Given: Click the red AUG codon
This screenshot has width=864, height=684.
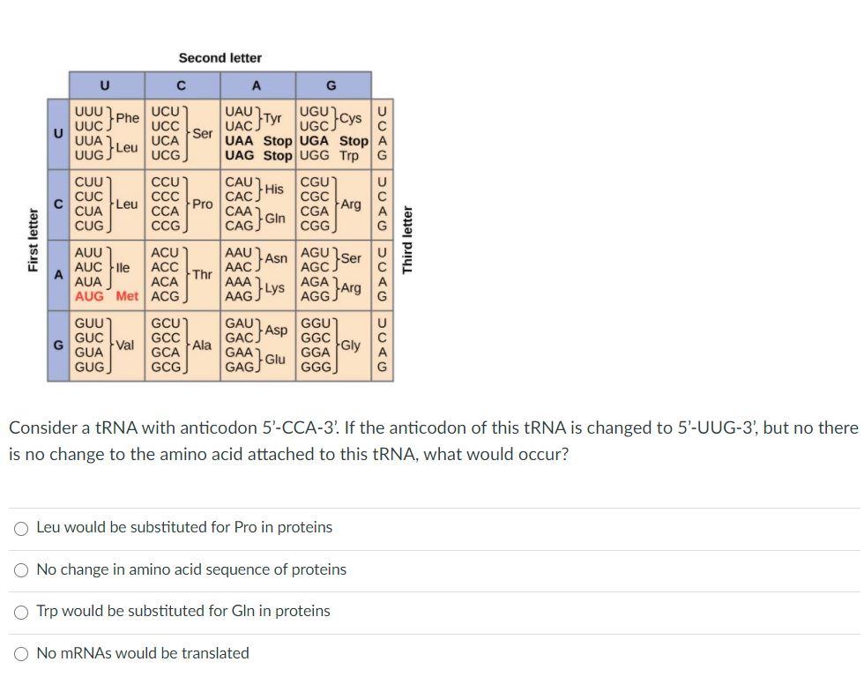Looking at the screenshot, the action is pos(90,296).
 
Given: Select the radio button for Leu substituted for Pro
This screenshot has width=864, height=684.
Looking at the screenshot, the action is pos(21,528).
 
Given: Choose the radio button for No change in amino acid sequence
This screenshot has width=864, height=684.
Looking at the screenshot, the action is pos(21,570).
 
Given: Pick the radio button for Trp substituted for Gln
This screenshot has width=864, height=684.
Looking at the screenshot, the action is pos(21,612).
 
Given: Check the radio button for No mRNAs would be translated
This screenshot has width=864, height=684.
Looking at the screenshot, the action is pos(21,654).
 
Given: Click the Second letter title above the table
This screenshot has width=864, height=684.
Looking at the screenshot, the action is pos(220,58).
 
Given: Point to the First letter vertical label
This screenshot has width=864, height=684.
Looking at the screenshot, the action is pos(34,240).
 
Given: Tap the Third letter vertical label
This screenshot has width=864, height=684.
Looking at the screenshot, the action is pos(407,240).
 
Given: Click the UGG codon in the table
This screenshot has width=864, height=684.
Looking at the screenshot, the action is pos(315,155).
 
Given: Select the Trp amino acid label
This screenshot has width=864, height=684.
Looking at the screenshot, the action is pos(349,155).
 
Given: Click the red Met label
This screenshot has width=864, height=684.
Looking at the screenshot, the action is pos(127,296).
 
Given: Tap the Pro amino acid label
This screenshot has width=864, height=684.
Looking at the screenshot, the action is pos(203,204).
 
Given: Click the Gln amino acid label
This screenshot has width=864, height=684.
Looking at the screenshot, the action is pos(275,218).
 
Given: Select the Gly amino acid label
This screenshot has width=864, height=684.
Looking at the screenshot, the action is pos(350,345).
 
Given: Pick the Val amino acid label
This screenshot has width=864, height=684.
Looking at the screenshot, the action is pos(124,345).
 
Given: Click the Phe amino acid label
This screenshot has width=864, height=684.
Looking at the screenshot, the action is pos(127,118).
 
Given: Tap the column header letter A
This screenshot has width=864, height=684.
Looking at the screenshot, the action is pos(257,85).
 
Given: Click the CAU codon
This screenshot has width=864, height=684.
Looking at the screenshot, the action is pos(240,182).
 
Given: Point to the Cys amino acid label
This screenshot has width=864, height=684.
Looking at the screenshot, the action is pos(350,118).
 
